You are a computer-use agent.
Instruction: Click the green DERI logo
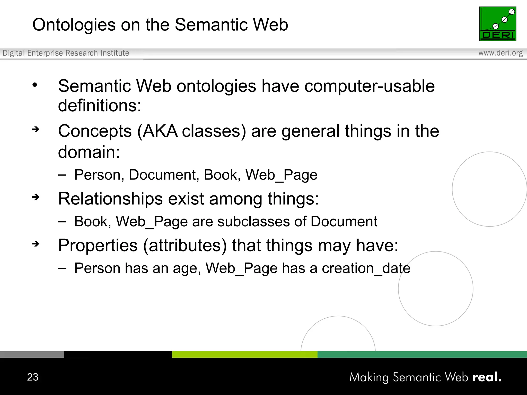497,24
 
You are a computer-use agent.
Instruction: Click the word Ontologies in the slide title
74,25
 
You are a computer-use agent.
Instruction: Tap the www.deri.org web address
500,53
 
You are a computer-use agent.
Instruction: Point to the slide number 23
33,377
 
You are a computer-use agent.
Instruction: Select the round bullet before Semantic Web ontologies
35,85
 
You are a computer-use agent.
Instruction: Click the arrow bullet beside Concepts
36,129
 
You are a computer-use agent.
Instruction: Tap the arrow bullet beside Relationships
36,197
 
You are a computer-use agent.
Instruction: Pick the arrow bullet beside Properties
36,244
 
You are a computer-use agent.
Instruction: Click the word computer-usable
370,86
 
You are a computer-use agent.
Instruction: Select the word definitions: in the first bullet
100,106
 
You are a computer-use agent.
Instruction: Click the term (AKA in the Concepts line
157,131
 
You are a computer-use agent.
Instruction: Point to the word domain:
89,152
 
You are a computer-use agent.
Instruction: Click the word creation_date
366,268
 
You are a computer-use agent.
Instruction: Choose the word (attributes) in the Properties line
185,246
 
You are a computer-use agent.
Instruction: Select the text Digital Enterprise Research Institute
66,53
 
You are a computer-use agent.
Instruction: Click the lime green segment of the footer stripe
244,354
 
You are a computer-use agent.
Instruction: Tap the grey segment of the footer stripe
32,354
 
